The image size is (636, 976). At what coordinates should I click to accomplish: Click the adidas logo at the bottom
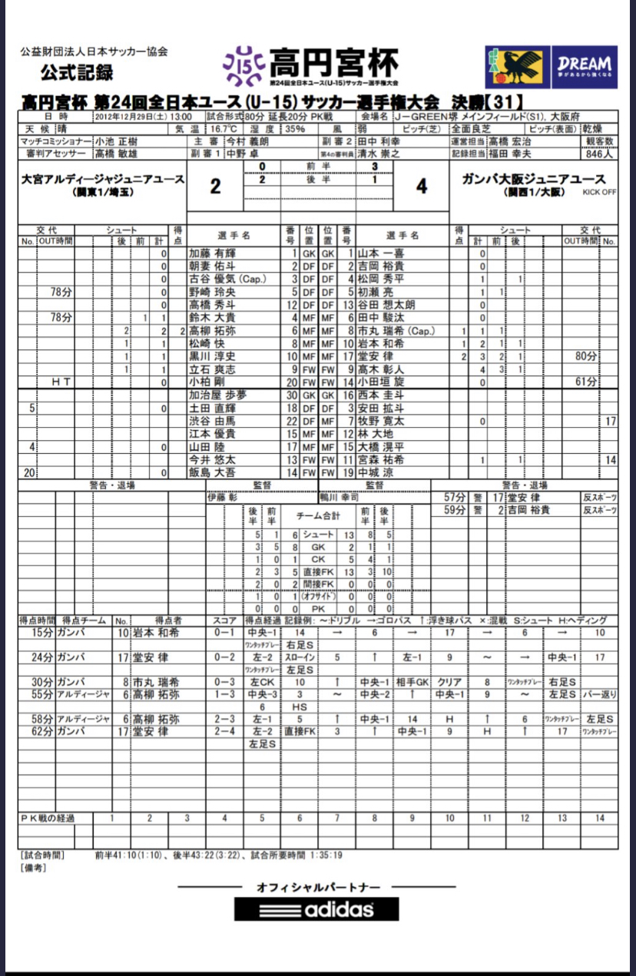pyautogui.click(x=316, y=909)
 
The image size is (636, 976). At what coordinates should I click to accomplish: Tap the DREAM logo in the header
pyautogui.click(x=584, y=68)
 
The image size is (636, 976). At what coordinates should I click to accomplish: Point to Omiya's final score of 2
pyautogui.click(x=216, y=187)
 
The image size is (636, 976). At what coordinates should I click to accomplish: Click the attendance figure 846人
pyautogui.click(x=601, y=154)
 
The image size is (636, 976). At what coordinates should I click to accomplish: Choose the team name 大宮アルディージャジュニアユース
pyautogui.click(x=104, y=180)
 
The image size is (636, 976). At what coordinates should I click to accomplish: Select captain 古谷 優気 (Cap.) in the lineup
pyautogui.click(x=227, y=279)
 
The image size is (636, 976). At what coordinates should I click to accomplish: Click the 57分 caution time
pyautogui.click(x=455, y=498)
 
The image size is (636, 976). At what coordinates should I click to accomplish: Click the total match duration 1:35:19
pyautogui.click(x=326, y=854)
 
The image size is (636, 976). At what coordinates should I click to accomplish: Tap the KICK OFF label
pyautogui.click(x=600, y=192)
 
